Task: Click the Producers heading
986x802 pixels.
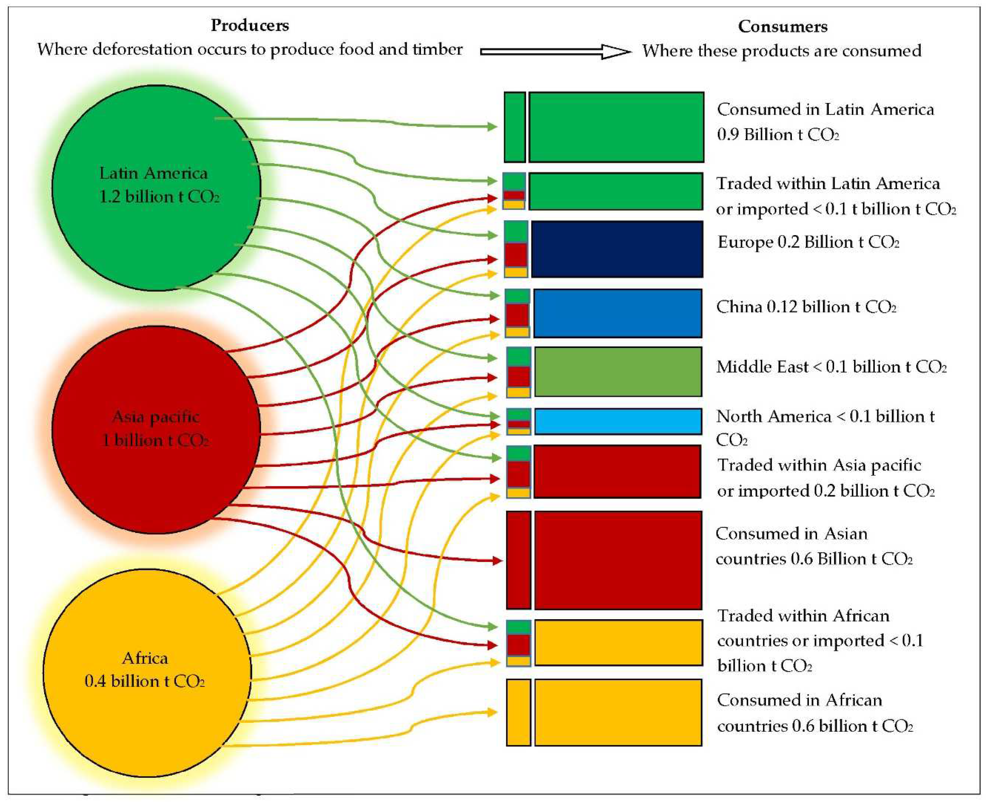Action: [249, 25]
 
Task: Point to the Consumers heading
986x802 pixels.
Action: [782, 26]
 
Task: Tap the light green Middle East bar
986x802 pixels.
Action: [618, 371]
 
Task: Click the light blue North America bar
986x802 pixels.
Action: [618, 421]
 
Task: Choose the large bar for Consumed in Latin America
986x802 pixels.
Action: [616, 127]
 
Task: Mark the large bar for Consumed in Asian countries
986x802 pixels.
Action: [618, 560]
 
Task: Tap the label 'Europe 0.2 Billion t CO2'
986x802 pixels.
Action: [808, 242]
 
